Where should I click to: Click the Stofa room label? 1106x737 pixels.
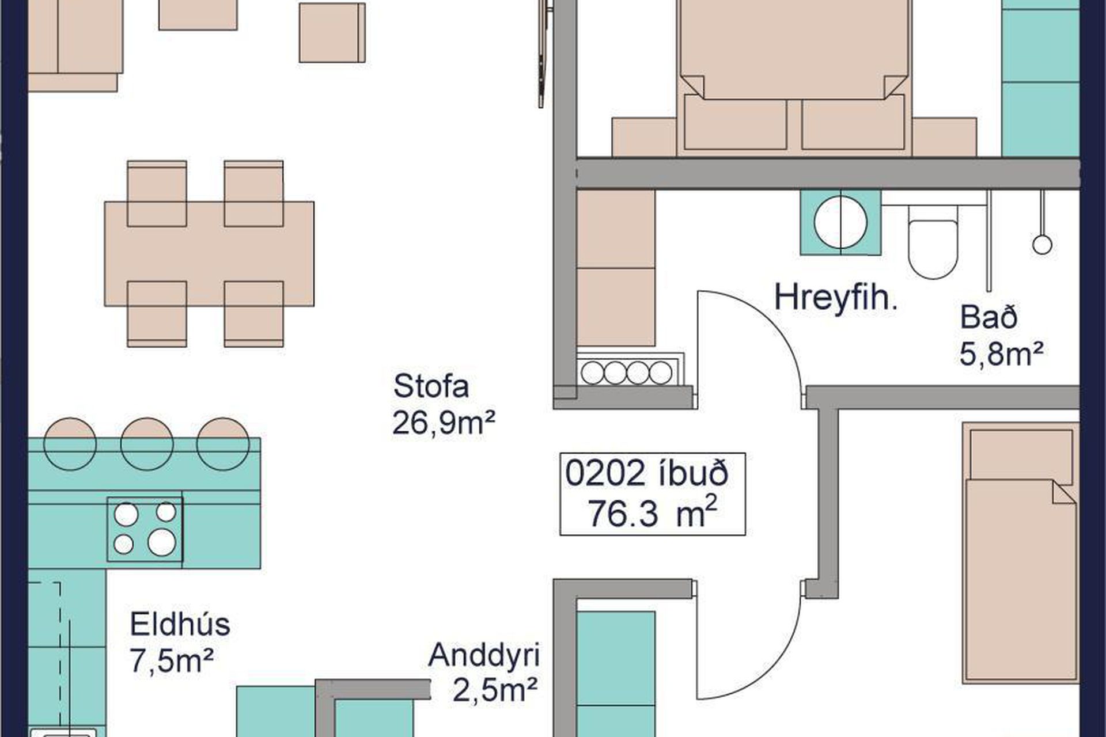[x=431, y=386]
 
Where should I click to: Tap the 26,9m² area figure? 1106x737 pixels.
[x=444, y=423]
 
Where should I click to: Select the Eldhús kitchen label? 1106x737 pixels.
[x=180, y=624]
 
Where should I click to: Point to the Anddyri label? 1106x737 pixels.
[x=484, y=655]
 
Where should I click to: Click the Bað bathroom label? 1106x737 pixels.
[x=988, y=317]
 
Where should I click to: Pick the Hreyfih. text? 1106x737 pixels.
[x=835, y=298]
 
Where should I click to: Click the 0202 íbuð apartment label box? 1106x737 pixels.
[x=653, y=494]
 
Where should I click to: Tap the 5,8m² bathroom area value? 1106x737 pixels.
[x=1002, y=354]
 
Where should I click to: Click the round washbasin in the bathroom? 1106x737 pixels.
[x=840, y=223]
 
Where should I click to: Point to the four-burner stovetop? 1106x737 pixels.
[x=145, y=529]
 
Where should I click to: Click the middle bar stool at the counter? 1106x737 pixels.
[x=147, y=443]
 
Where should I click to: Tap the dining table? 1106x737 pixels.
[x=209, y=253]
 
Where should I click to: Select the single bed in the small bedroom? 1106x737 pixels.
[x=1020, y=553]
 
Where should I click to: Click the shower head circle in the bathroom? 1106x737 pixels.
[x=1042, y=245]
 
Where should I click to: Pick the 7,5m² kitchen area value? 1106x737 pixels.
[x=172, y=660]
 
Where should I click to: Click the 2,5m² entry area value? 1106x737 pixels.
[x=495, y=690]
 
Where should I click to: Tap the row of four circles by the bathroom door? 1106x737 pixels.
[x=626, y=373]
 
